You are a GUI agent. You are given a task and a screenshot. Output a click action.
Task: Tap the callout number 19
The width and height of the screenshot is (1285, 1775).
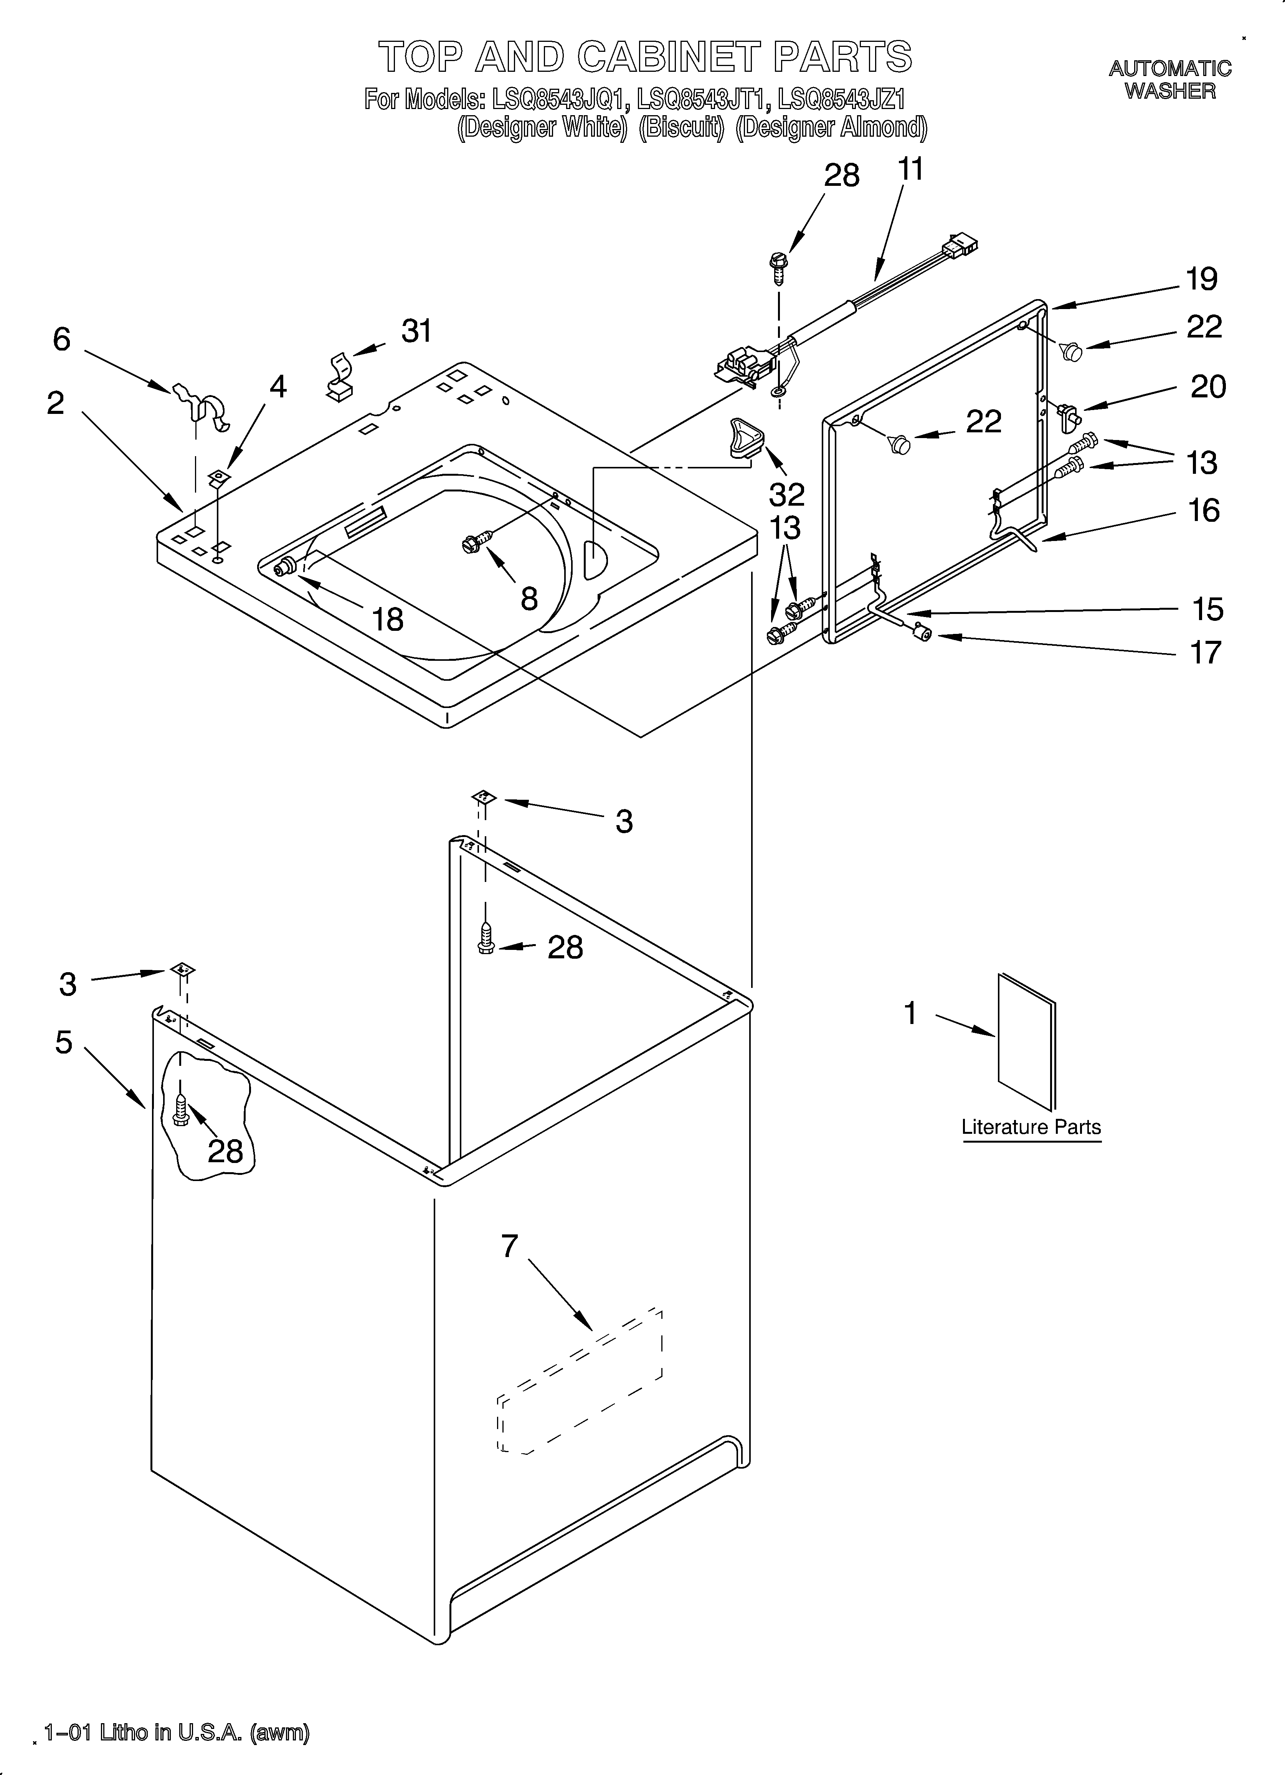[1201, 280]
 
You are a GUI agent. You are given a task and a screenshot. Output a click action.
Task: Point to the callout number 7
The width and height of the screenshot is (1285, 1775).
[509, 1246]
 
